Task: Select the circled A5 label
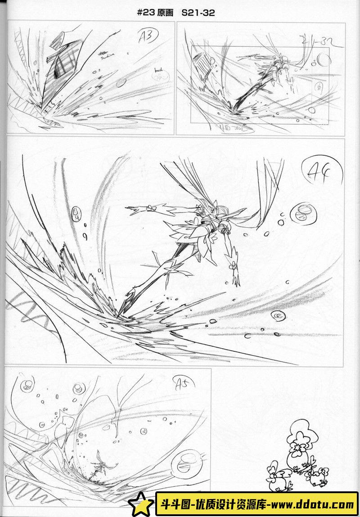(x=183, y=384)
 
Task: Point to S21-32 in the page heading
(x=198, y=13)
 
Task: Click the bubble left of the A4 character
(x=75, y=214)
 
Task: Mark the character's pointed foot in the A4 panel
(x=130, y=297)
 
